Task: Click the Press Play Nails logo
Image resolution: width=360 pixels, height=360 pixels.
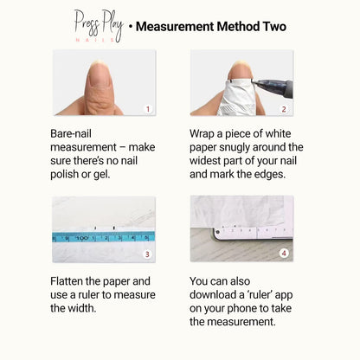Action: (99, 26)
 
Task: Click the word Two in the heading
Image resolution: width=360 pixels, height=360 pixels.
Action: (274, 27)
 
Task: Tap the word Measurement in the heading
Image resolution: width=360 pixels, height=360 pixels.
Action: (175, 27)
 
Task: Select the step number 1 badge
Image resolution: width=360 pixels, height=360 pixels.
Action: (148, 109)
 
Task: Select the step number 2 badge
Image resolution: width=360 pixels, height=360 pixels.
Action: (284, 109)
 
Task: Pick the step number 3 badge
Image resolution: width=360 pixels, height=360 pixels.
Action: (147, 254)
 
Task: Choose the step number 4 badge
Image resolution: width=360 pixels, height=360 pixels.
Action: (284, 253)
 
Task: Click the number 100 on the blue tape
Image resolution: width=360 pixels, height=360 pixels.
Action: (81, 238)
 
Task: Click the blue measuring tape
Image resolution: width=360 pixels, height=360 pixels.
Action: (104, 237)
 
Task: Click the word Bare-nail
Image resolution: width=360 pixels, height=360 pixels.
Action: (71, 134)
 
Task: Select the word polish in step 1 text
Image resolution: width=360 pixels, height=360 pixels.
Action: (64, 175)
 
